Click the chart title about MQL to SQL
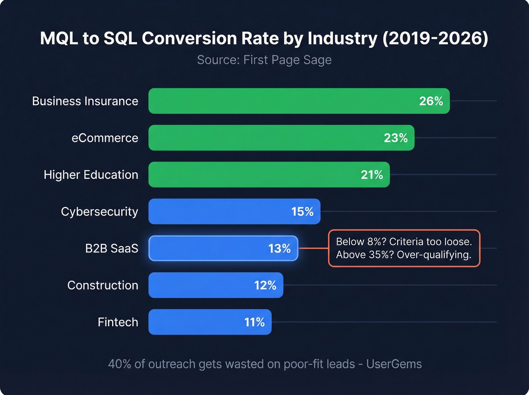tap(264, 39)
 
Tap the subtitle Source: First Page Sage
tap(264, 60)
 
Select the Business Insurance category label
tap(85, 101)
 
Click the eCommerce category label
tap(105, 138)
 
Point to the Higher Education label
tap(91, 175)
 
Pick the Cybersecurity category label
tap(99, 212)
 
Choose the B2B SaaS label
tap(111, 248)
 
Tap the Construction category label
tap(102, 285)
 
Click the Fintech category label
tap(118, 322)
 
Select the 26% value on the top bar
tap(431, 101)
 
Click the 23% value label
tap(396, 138)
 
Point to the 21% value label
tap(372, 175)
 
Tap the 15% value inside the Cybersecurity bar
tap(302, 212)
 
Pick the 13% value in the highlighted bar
tap(279, 248)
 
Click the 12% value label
tap(265, 285)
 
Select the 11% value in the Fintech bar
tap(254, 322)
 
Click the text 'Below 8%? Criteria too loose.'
tap(404, 242)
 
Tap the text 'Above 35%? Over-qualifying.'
tap(404, 255)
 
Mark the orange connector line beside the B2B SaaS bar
tap(313, 248)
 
